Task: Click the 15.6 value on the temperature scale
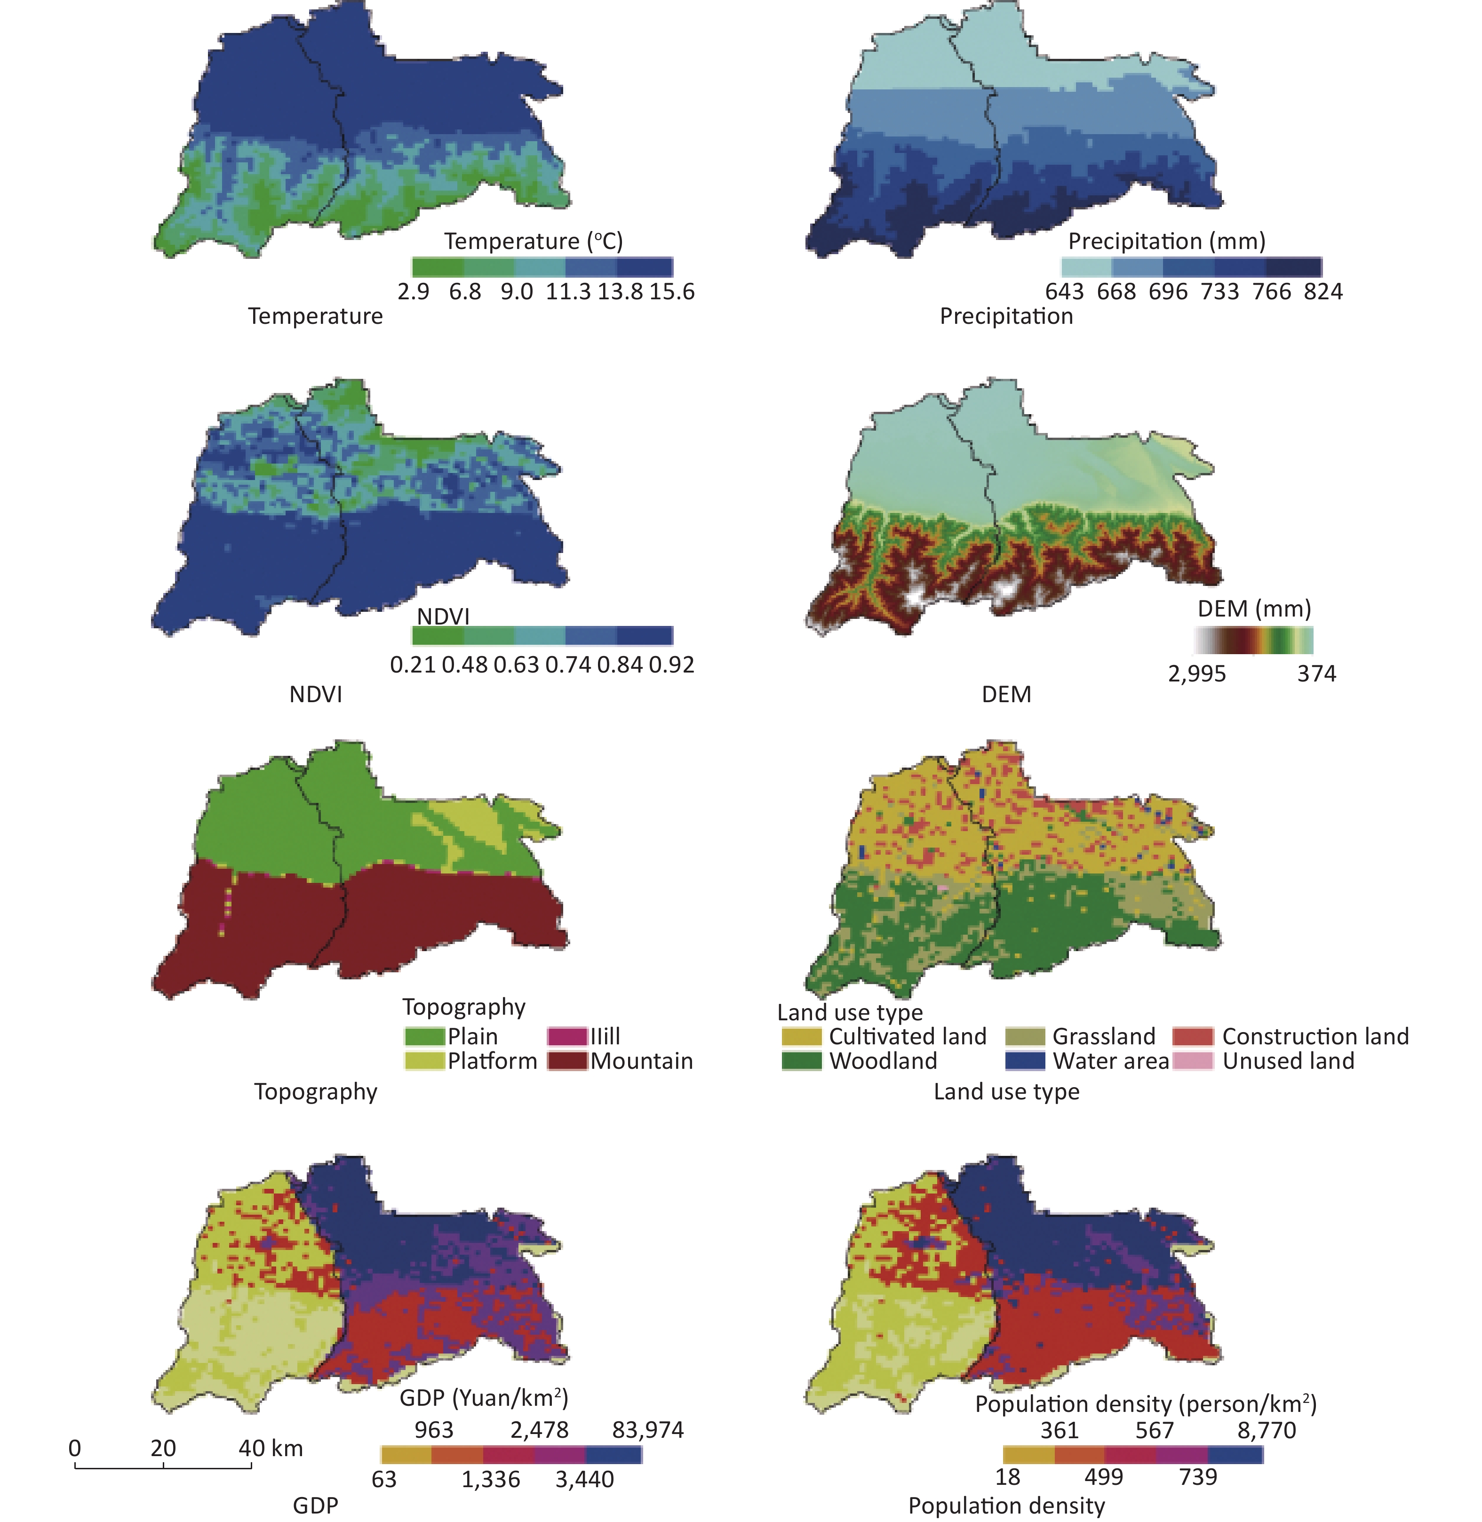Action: click(672, 292)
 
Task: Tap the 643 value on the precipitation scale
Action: click(1064, 292)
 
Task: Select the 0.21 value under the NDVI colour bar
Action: click(413, 665)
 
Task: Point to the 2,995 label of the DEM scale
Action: click(1196, 673)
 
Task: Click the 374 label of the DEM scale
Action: click(1316, 673)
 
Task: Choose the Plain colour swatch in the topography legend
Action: click(424, 1036)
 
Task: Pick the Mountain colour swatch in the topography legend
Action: click(566, 1061)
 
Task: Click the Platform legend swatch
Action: click(424, 1061)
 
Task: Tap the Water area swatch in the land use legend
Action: click(1024, 1061)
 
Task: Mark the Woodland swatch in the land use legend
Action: click(801, 1061)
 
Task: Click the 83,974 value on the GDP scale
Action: click(647, 1429)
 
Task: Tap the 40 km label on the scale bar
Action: click(270, 1448)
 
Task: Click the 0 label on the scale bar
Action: click(75, 1448)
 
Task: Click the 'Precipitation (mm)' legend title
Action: click(1166, 241)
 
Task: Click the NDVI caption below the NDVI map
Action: click(315, 694)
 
